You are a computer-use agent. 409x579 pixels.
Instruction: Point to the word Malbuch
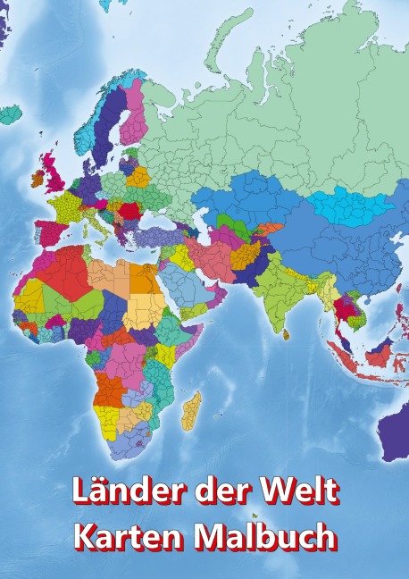[268, 537]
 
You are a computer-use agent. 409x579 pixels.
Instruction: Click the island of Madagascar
[191, 409]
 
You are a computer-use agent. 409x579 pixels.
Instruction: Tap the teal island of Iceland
[10, 114]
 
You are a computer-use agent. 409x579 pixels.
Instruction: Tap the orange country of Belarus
[138, 177]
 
